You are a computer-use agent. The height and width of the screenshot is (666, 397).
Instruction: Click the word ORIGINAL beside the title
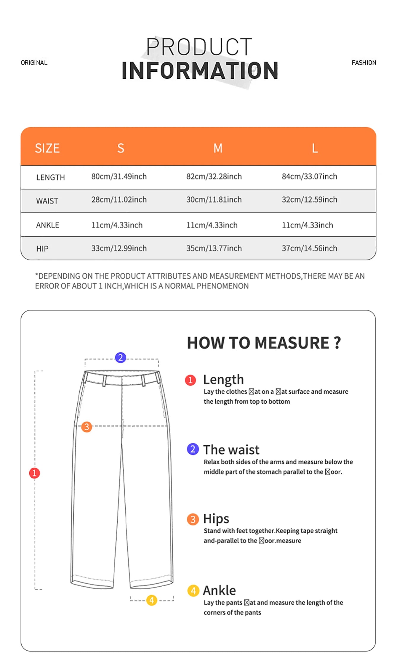34,63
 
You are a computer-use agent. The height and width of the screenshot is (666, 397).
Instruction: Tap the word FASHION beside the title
364,63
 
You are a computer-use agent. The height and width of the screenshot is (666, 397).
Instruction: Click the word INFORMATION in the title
200,71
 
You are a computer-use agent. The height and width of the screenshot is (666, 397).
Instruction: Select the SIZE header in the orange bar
47,148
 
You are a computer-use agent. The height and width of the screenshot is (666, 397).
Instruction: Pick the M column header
218,148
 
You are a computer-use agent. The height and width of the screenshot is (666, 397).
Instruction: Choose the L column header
315,148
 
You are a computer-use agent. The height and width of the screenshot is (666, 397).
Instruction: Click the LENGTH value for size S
119,176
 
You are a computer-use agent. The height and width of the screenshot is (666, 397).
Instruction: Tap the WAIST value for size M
214,200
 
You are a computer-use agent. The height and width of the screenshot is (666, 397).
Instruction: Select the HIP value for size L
309,248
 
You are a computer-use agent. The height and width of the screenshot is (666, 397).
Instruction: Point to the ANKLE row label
48,225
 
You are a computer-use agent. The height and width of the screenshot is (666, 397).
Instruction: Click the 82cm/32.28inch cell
214,176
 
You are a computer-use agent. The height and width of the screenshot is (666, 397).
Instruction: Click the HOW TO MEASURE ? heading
264,343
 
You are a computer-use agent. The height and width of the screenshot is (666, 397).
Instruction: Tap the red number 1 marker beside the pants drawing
34,473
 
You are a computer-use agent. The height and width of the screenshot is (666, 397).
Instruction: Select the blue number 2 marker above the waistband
120,358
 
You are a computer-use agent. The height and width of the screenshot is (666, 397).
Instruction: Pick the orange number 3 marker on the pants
87,427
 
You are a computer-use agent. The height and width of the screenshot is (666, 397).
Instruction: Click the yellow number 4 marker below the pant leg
152,600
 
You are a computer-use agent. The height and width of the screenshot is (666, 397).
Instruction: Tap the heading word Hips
216,519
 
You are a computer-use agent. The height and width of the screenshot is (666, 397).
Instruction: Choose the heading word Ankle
219,590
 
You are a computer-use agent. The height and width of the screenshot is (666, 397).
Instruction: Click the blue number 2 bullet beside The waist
193,449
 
